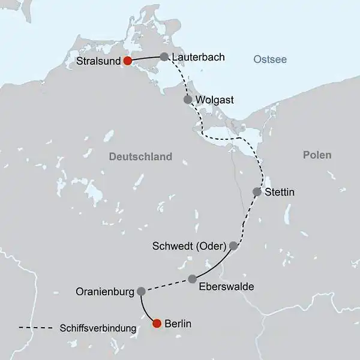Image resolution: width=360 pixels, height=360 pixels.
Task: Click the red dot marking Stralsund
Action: (127, 61)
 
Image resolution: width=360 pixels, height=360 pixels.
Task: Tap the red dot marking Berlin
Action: (157, 323)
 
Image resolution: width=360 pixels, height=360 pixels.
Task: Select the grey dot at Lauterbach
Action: (164, 57)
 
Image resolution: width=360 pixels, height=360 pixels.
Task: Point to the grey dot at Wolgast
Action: (188, 100)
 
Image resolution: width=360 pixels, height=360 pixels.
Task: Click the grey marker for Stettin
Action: (257, 192)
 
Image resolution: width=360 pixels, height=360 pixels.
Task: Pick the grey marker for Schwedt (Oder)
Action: (234, 245)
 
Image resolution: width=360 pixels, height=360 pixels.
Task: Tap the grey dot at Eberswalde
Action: (193, 279)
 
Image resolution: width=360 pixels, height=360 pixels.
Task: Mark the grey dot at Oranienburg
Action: (141, 292)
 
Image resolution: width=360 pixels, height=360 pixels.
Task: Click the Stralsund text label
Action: (99, 61)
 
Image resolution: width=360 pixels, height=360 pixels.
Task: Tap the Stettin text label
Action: (280, 193)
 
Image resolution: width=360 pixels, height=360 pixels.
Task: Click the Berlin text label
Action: (178, 324)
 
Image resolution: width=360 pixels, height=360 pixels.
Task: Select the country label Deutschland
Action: (140, 157)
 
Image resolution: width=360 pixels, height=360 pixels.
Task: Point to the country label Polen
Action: (317, 155)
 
